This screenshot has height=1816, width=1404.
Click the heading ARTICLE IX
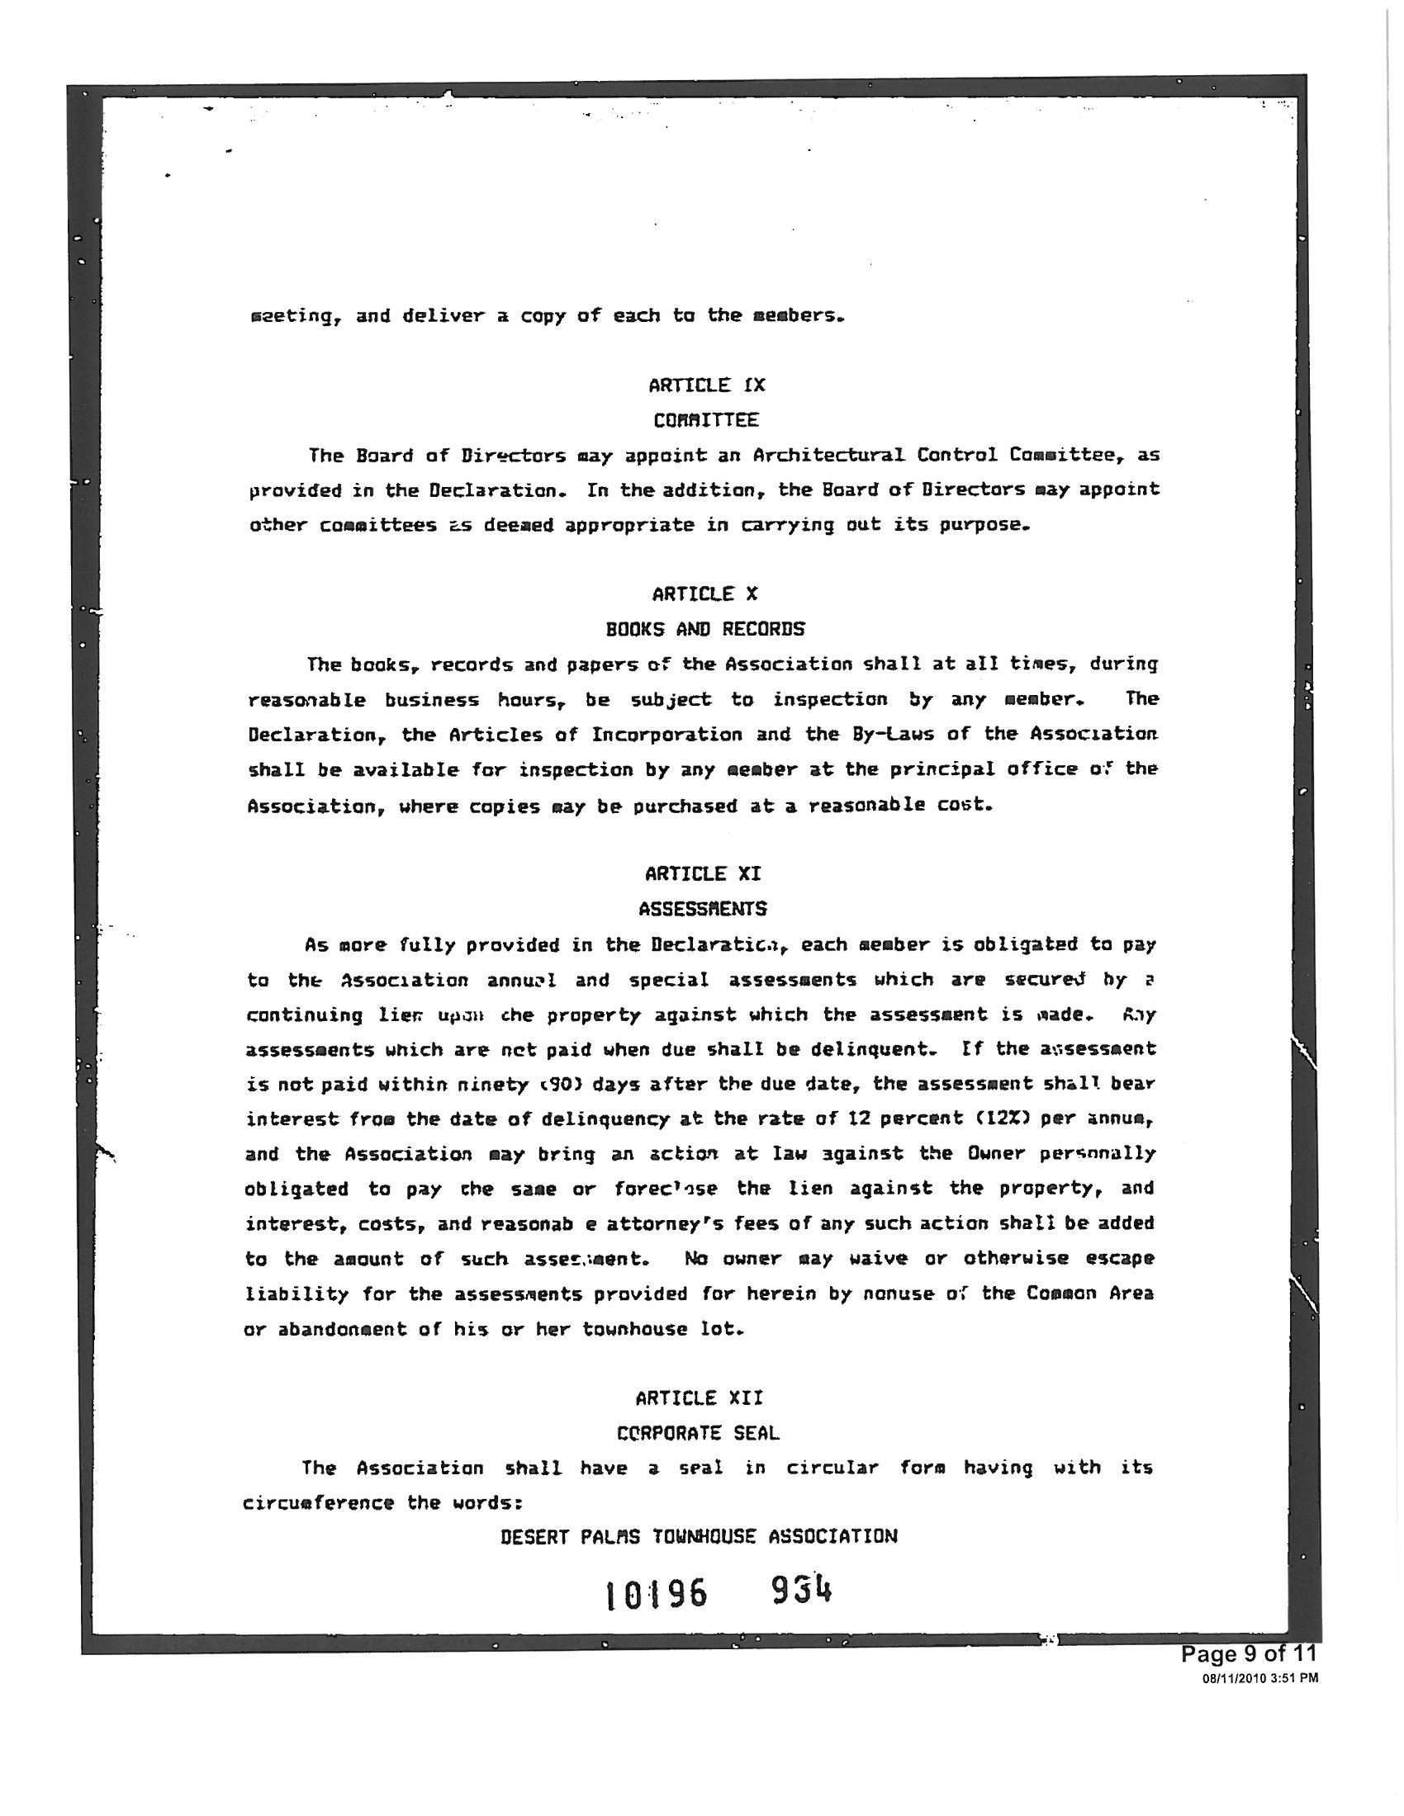point(706,385)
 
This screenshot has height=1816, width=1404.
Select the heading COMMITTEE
point(705,420)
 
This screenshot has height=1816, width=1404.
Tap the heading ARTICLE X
point(704,594)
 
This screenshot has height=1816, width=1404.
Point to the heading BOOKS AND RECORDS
point(704,629)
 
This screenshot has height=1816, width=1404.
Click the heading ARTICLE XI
point(703,873)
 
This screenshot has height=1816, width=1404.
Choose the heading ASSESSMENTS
point(703,909)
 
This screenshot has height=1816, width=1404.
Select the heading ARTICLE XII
point(699,1397)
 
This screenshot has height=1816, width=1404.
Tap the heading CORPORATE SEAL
point(699,1433)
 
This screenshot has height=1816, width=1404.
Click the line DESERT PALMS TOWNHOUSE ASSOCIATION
point(699,1537)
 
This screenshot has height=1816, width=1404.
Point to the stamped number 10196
point(657,1595)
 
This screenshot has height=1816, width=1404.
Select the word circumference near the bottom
point(319,1502)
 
